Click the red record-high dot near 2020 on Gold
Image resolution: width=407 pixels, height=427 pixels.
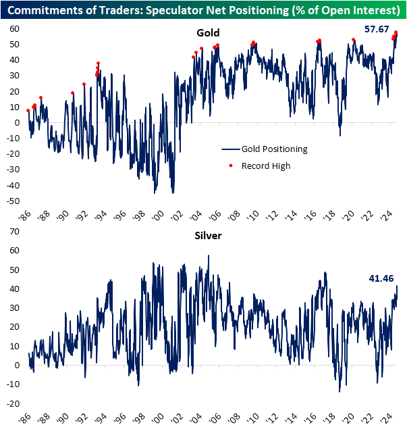354,40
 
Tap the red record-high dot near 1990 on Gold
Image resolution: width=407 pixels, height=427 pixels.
72,93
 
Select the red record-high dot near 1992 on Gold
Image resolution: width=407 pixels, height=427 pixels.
84,84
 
